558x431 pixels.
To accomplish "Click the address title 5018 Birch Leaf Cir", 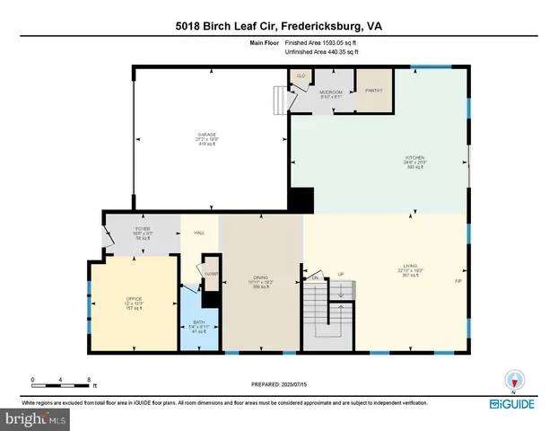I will point(278,27).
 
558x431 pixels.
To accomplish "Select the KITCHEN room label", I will point(414,161).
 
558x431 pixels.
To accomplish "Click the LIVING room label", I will point(410,267).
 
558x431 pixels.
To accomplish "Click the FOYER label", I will point(143,230).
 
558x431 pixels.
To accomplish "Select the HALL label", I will point(199,233).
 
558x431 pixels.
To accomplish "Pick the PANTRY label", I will point(372,90).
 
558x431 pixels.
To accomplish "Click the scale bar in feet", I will point(60,383).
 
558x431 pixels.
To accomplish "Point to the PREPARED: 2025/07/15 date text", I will point(278,383).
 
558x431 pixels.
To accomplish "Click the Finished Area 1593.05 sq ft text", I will point(320,42).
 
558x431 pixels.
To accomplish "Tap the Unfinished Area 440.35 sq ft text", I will point(321,52).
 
